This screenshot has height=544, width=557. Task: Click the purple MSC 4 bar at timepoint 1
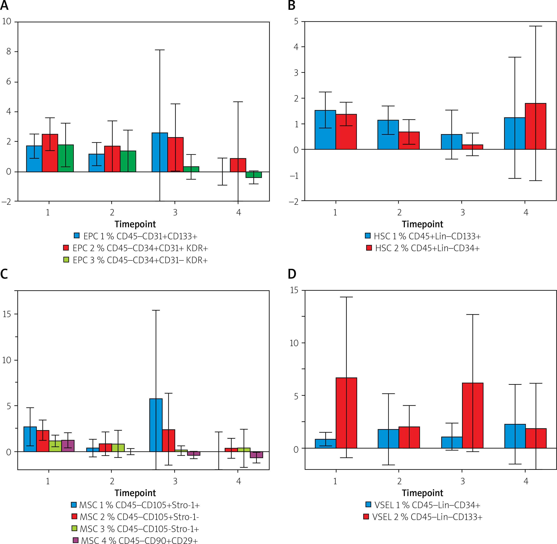(68, 446)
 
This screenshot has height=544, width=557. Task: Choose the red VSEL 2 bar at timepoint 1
(346, 413)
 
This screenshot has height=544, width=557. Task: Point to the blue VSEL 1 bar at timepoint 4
(515, 436)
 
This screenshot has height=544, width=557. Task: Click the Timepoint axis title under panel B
(423, 224)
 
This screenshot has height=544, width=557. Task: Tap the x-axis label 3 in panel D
(463, 481)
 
